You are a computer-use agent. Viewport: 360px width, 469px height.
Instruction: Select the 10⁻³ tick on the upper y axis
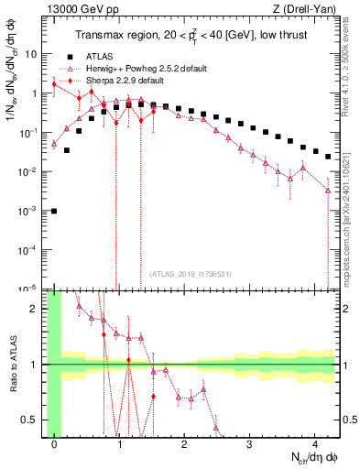(x=27, y=211)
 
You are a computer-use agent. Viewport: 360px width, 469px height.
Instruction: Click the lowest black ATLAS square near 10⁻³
(x=54, y=211)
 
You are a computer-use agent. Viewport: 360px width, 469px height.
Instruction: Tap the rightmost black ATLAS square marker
(x=328, y=157)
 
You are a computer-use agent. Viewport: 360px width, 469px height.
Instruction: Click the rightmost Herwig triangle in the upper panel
(x=328, y=190)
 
